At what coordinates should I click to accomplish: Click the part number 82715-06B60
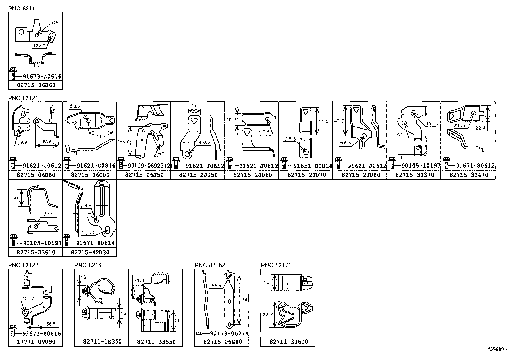[x=36, y=85]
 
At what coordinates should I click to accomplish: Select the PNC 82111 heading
[x=23, y=9]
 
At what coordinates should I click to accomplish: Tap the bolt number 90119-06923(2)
[x=150, y=166]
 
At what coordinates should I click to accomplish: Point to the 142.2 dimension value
[x=123, y=141]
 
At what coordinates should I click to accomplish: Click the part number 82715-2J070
[x=307, y=175]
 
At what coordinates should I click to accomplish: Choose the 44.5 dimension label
[x=323, y=121]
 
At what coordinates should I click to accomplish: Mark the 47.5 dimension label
[x=339, y=121]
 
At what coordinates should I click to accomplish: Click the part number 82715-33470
[x=469, y=175]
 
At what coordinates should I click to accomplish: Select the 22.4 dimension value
[x=480, y=128]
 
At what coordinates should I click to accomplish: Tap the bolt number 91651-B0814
[x=313, y=166]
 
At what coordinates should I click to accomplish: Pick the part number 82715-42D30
[x=90, y=253]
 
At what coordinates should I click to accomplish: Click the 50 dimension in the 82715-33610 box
[x=15, y=198]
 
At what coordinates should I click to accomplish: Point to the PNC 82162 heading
[x=210, y=265]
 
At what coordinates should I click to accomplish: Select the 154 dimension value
[x=243, y=300]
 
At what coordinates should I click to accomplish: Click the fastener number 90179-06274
[x=229, y=334]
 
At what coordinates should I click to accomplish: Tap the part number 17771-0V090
[x=36, y=342]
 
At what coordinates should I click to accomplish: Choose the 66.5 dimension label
[x=51, y=324]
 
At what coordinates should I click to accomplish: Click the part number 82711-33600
[x=289, y=342]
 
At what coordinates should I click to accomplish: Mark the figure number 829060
[x=497, y=349]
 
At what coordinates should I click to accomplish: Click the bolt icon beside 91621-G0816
[x=67, y=163]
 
